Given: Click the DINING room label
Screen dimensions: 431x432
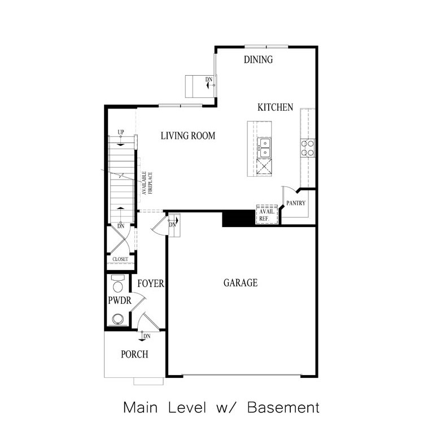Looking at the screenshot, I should (x=258, y=60).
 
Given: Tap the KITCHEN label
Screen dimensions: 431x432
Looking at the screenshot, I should (x=275, y=107).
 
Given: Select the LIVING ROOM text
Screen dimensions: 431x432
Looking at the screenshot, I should (x=187, y=136).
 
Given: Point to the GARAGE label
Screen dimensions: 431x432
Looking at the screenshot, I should (x=240, y=282).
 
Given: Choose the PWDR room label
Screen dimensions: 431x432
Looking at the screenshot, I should (x=120, y=301).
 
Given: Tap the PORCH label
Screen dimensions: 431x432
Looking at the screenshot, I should (x=134, y=355).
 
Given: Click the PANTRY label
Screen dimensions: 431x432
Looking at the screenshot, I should (x=295, y=203).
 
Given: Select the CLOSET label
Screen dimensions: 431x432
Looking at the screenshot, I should (x=120, y=259).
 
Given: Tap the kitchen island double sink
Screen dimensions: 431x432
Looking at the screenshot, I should (x=264, y=147).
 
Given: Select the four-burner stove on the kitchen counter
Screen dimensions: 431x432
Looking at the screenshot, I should (x=307, y=148).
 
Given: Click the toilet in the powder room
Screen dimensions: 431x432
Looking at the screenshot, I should (x=118, y=284).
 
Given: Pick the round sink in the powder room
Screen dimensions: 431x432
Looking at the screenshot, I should (x=118, y=319).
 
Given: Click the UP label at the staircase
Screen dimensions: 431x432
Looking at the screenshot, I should (x=120, y=132).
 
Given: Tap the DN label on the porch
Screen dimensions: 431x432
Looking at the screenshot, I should (x=146, y=337).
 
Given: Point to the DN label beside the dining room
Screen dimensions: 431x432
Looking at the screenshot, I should (x=208, y=79).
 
